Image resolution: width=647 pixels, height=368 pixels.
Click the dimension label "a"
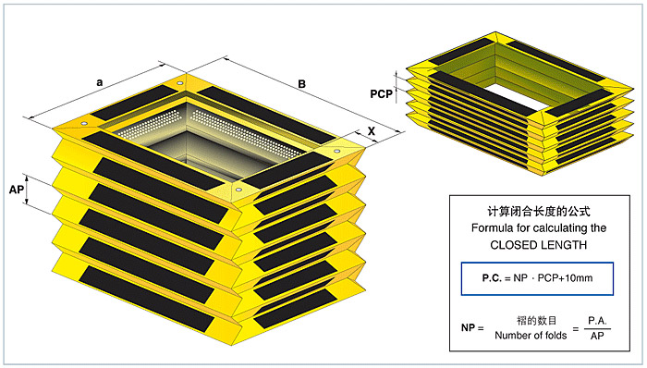(x=100, y=82)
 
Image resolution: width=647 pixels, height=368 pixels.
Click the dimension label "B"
(x=302, y=84)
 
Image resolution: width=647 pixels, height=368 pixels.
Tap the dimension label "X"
(x=372, y=131)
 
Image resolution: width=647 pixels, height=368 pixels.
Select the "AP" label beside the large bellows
(x=16, y=190)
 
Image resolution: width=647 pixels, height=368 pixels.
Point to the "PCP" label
(x=381, y=94)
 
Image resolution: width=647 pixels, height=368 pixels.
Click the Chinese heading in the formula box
(x=539, y=211)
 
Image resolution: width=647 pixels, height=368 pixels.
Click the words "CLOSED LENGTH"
(x=539, y=245)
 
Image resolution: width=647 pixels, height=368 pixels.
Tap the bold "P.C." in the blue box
(x=492, y=278)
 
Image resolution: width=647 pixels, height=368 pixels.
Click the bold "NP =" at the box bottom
(x=472, y=328)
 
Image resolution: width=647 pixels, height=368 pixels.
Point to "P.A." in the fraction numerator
(x=597, y=320)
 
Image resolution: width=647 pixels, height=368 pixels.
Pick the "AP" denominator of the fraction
(x=597, y=336)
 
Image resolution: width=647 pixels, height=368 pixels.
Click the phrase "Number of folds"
(x=531, y=336)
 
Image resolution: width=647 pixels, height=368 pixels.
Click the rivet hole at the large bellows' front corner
(x=238, y=190)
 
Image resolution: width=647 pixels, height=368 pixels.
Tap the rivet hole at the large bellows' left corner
(x=84, y=124)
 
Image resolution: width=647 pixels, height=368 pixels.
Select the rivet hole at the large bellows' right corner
(x=337, y=152)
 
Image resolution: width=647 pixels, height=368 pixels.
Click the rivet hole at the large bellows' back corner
(x=179, y=84)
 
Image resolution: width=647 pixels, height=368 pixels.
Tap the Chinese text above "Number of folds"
(x=537, y=320)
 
